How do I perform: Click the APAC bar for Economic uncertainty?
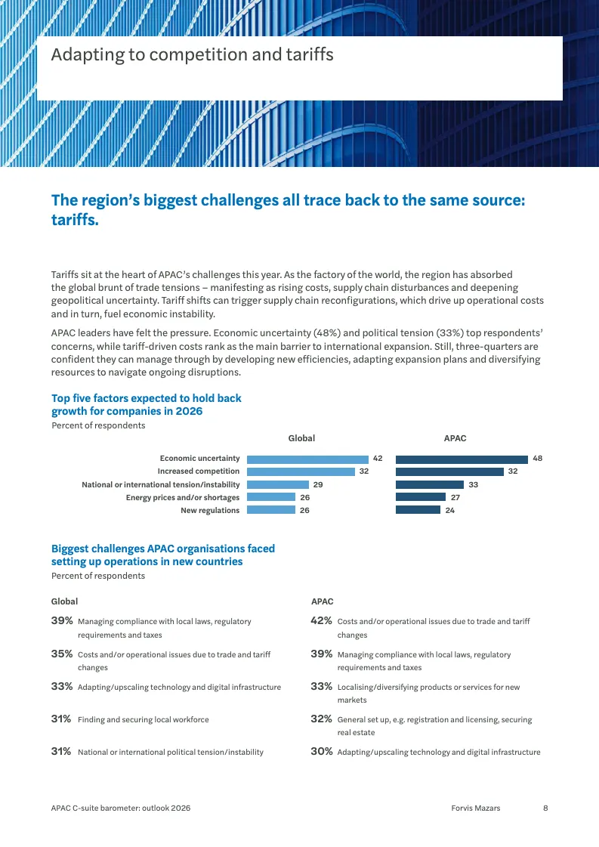pos(462,459)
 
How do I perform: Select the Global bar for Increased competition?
pos(301,471)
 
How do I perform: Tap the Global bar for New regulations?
pos(271,510)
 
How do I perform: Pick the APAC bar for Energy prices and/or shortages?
pos(421,497)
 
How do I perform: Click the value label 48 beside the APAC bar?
pos(537,458)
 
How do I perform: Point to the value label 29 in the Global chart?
pos(318,484)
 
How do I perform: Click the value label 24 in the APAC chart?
pos(450,511)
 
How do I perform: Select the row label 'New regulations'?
pos(210,511)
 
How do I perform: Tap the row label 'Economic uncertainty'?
pos(200,459)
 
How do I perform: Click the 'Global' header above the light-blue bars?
pos(301,438)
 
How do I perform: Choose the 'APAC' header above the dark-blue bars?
pos(455,438)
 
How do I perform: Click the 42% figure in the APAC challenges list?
pos(321,620)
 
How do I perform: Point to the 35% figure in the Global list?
pos(62,654)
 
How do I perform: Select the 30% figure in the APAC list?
pos(321,751)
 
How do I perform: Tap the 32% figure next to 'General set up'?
pos(321,719)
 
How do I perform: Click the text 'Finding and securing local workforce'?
pos(143,719)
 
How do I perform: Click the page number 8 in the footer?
pos(545,808)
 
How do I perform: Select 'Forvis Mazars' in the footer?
pos(476,808)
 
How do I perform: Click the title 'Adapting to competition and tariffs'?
pos(193,54)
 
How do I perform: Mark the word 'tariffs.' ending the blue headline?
pos(75,220)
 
